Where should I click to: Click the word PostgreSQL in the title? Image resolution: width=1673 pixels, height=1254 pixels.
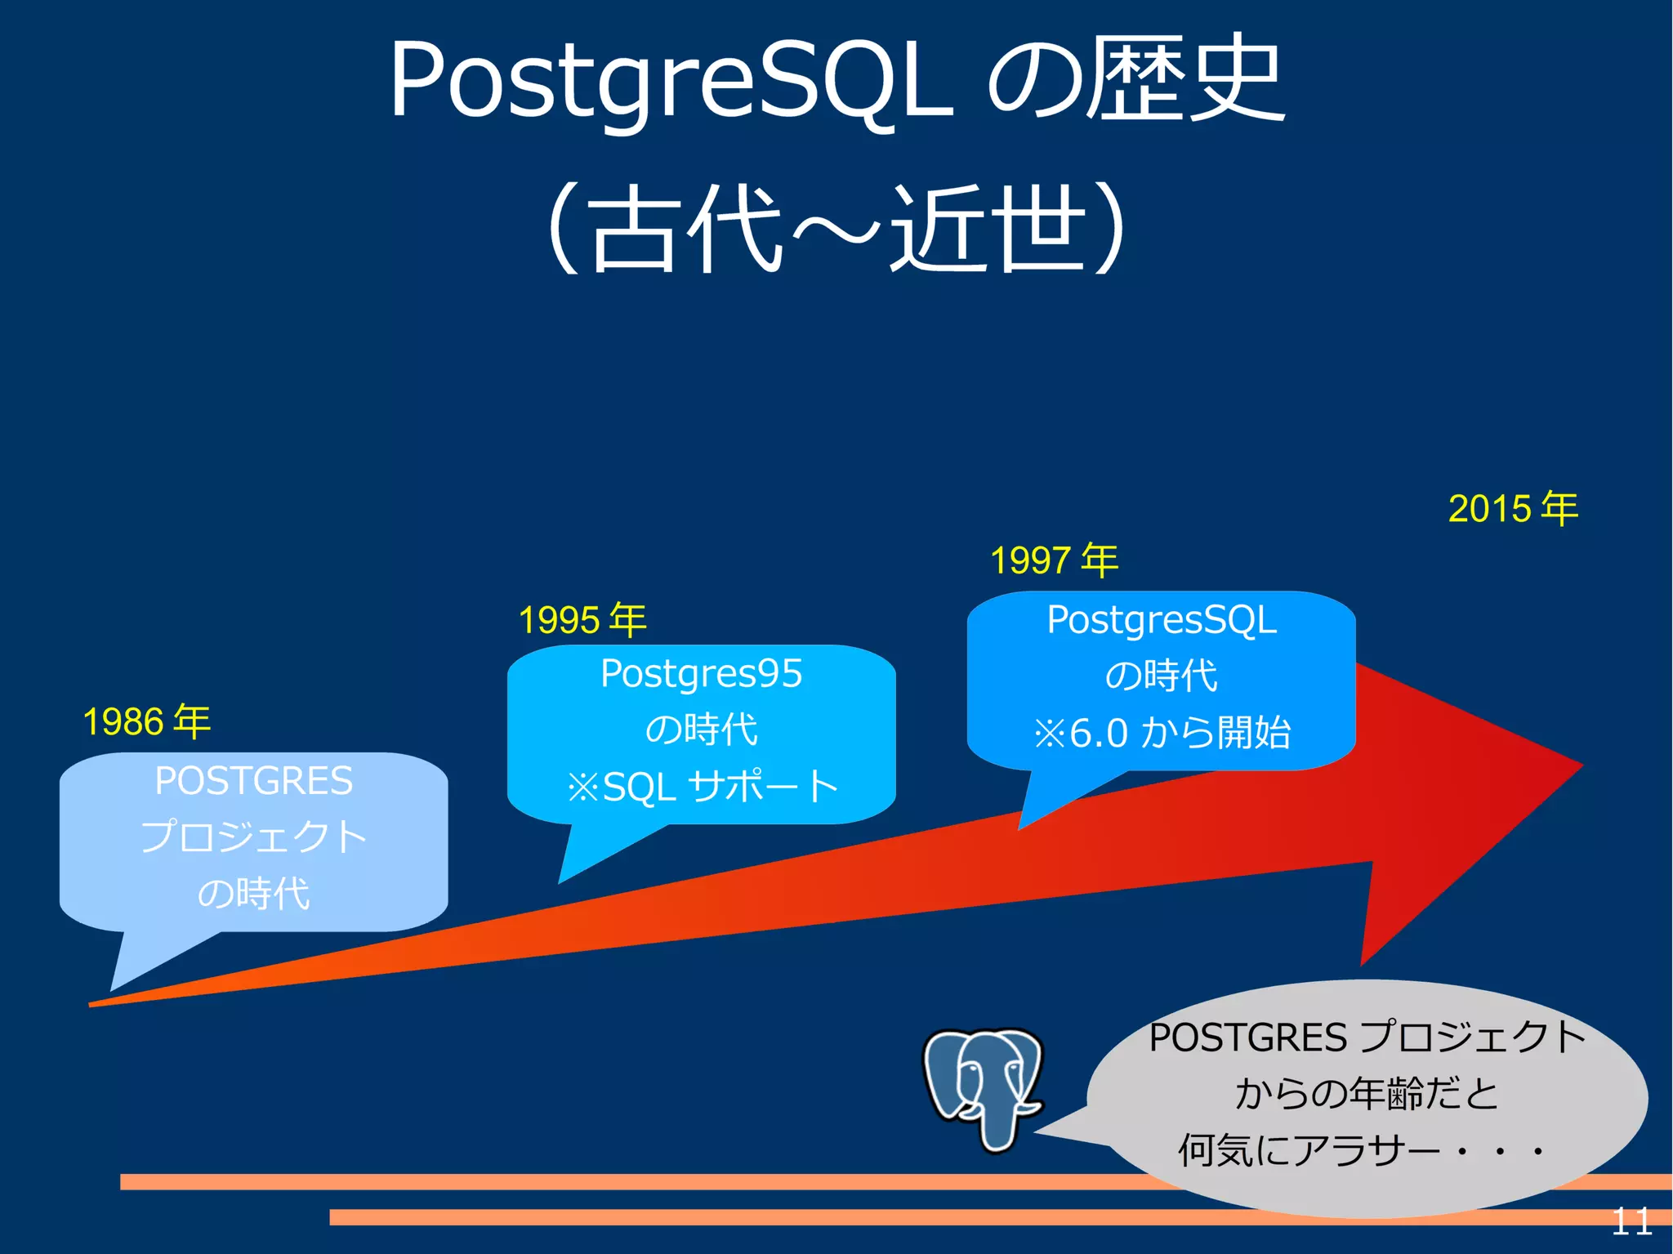point(670,82)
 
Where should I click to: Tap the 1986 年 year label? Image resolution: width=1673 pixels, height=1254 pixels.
point(147,721)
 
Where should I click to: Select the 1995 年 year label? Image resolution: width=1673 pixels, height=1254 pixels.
point(582,619)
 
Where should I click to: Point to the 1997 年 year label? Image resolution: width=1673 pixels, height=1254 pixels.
point(1054,560)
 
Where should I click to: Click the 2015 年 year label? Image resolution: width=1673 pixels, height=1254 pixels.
point(1513,508)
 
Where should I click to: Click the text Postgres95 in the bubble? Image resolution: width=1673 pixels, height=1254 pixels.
point(701,674)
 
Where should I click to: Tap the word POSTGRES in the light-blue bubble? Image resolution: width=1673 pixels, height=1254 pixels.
point(253,781)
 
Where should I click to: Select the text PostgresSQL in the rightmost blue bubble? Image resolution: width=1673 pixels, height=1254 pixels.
point(1161,620)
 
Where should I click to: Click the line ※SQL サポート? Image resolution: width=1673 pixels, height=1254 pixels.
point(701,787)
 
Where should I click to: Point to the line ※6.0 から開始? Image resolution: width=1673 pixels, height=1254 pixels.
point(1161,732)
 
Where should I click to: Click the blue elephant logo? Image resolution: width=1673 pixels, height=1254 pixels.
point(983,1087)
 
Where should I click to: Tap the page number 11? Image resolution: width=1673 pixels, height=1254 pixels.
point(1631,1222)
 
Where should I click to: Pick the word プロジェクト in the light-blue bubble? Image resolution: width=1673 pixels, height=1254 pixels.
point(253,837)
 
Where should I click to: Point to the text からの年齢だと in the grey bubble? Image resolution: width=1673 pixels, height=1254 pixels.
point(1366,1094)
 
